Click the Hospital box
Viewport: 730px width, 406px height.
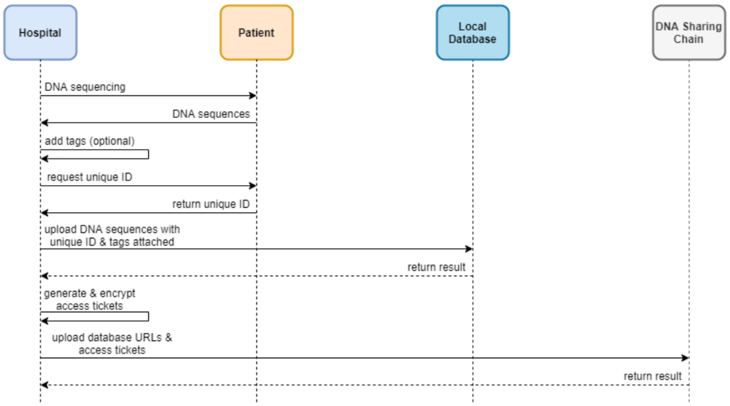(40, 33)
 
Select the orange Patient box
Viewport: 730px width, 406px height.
(256, 33)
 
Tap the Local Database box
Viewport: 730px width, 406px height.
(473, 33)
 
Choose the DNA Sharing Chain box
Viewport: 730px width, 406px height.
(689, 33)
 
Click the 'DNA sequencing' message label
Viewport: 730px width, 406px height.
(85, 87)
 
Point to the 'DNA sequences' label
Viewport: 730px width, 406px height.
(211, 114)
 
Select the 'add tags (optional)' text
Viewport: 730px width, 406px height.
(89, 141)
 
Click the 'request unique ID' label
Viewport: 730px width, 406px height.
(89, 177)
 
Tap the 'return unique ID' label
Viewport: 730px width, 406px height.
(211, 204)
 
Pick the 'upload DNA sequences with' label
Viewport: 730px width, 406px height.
(112, 229)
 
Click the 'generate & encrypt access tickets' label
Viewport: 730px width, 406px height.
(89, 299)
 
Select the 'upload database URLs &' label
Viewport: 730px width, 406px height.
(112, 337)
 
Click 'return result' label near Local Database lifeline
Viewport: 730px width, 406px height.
(436, 267)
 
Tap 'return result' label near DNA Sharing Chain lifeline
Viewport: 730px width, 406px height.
(653, 376)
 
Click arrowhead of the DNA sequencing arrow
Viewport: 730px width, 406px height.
(253, 96)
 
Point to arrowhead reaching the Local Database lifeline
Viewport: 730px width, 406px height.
(469, 249)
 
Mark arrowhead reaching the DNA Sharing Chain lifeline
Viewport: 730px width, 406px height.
(685, 358)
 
